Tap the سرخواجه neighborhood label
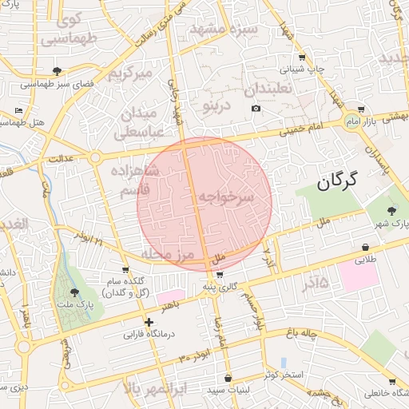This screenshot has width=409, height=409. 225,197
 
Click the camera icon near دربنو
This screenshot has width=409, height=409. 256,109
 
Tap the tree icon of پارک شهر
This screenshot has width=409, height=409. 390,210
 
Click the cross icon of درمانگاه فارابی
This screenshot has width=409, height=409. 149,322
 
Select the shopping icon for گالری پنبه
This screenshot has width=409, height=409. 220,275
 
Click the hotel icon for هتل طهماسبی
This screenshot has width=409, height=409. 19,111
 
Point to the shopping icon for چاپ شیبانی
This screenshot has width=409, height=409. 301,58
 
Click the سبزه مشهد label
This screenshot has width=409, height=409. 224,30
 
